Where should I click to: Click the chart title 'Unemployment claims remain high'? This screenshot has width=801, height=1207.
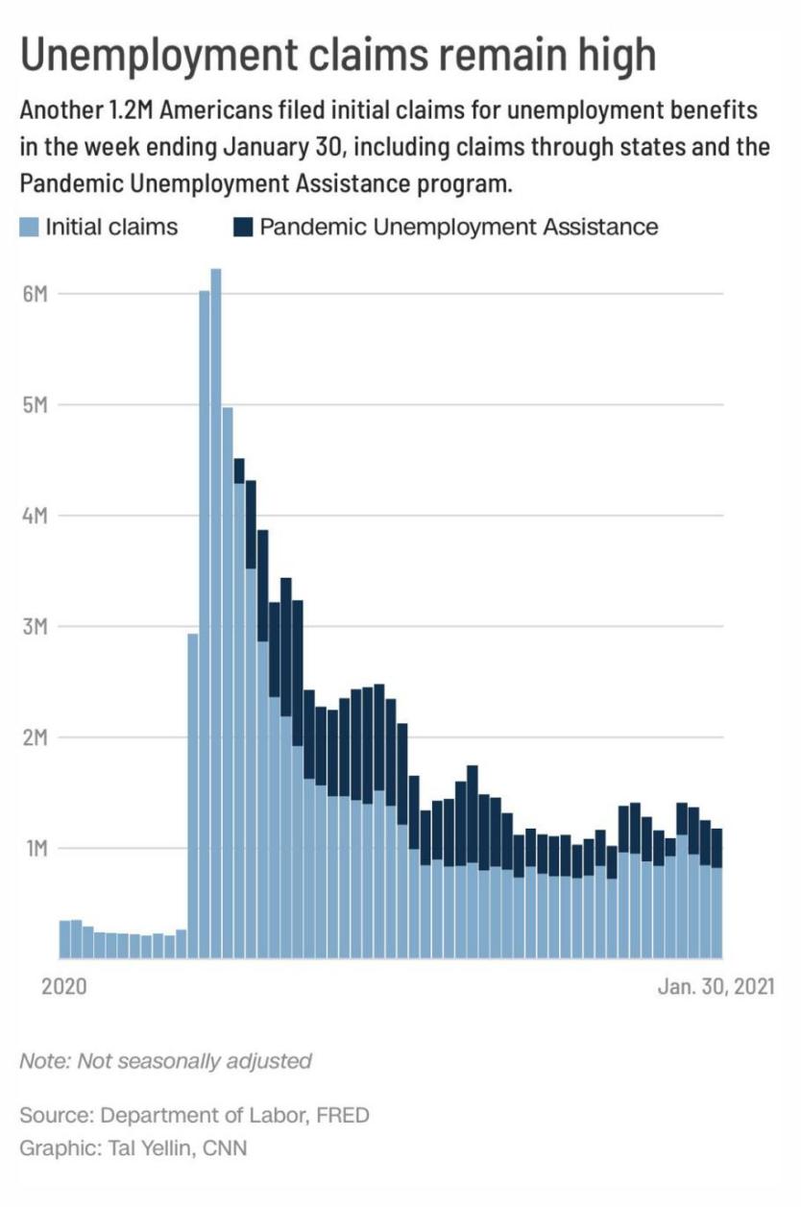[x=338, y=56]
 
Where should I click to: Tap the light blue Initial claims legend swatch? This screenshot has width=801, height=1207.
[x=30, y=228]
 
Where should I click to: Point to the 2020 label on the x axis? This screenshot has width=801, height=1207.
[x=64, y=987]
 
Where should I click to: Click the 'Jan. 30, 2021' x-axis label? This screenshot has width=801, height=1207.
[x=716, y=987]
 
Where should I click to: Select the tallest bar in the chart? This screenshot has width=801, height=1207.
[x=216, y=615]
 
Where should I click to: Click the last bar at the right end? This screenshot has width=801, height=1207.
[x=716, y=893]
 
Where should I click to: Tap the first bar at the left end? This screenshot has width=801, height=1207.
[x=64, y=939]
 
